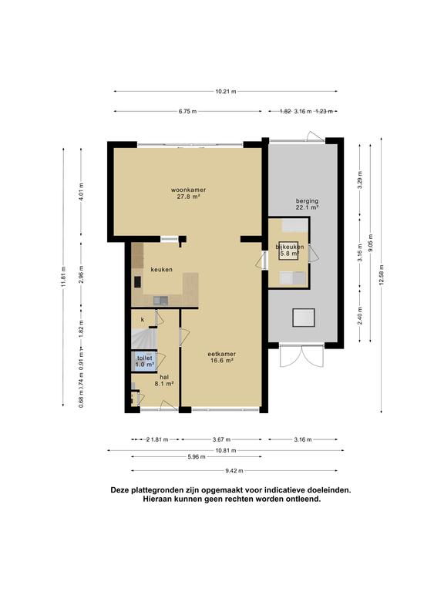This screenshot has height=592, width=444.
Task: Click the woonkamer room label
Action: coord(189,190)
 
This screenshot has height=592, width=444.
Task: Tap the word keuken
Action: coord(161,269)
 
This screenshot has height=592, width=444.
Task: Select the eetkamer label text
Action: coord(221,355)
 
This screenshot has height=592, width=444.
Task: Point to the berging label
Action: coord(307,203)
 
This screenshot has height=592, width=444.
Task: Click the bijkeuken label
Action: coord(291,247)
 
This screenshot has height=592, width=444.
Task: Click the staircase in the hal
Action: coord(142,338)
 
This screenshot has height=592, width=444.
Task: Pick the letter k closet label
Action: coord(142,318)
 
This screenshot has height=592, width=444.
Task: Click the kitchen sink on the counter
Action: coord(160,300)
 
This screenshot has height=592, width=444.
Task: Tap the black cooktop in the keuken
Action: coord(137,282)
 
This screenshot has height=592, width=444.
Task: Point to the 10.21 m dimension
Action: coord(224,92)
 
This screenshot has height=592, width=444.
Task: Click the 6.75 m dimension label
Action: coord(187,112)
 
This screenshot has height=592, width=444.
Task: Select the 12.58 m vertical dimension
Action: coord(382,274)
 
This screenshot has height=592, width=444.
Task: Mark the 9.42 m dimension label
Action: coord(234,470)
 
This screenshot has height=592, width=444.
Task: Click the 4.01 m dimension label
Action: coord(82,191)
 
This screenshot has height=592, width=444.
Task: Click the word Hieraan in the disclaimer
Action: coord(160,499)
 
